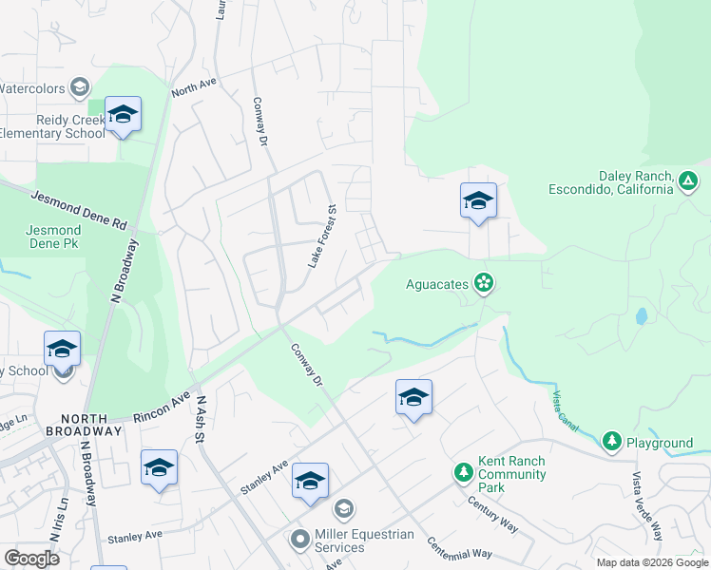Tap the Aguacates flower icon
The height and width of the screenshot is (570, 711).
(x=484, y=283)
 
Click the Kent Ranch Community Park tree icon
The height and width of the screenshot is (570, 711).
(x=463, y=472)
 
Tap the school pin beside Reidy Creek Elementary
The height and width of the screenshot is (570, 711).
(x=123, y=115)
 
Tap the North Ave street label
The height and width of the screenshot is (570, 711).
(x=194, y=87)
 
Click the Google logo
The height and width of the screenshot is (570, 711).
(x=31, y=558)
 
